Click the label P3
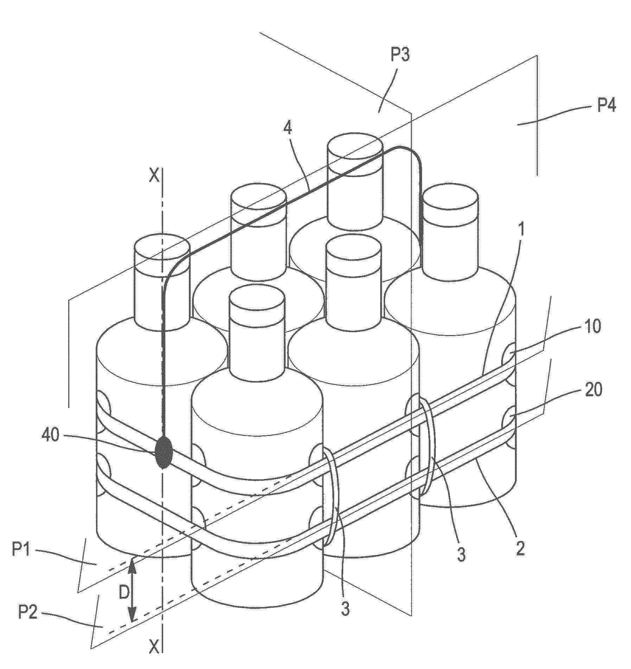click(400, 55)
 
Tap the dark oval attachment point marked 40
click(164, 452)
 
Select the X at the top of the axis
click(154, 175)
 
